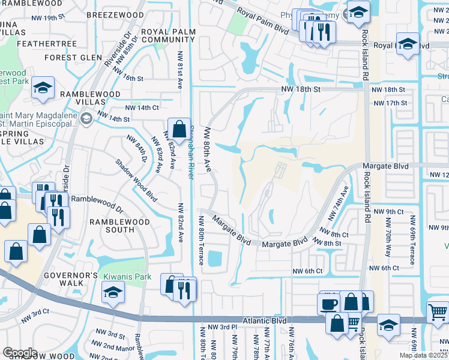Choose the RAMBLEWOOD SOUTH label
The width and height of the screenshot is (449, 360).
[119, 226]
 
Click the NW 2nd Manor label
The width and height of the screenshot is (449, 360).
[118, 347]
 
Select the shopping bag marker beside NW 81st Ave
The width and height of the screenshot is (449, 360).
[179, 128]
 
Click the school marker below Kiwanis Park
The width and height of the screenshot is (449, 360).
[112, 293]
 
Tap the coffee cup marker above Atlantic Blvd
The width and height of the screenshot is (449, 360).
[327, 304]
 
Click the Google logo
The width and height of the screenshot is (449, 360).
[19, 353]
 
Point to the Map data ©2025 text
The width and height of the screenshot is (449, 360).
[422, 355]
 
